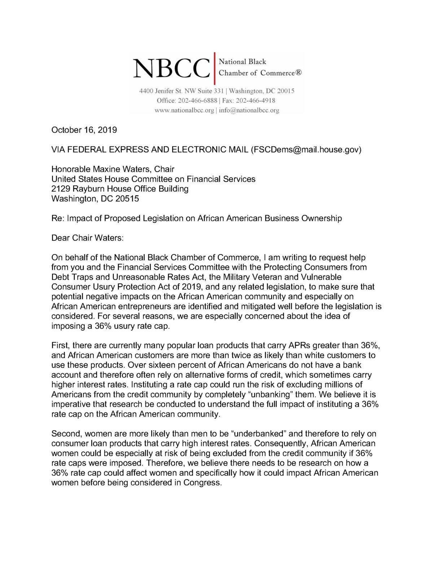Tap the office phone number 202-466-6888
(x=196, y=101)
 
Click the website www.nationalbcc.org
(x=184, y=110)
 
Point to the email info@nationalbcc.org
(x=249, y=110)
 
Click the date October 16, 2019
(x=84, y=130)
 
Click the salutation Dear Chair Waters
(x=87, y=238)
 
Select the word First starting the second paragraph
(x=60, y=345)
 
